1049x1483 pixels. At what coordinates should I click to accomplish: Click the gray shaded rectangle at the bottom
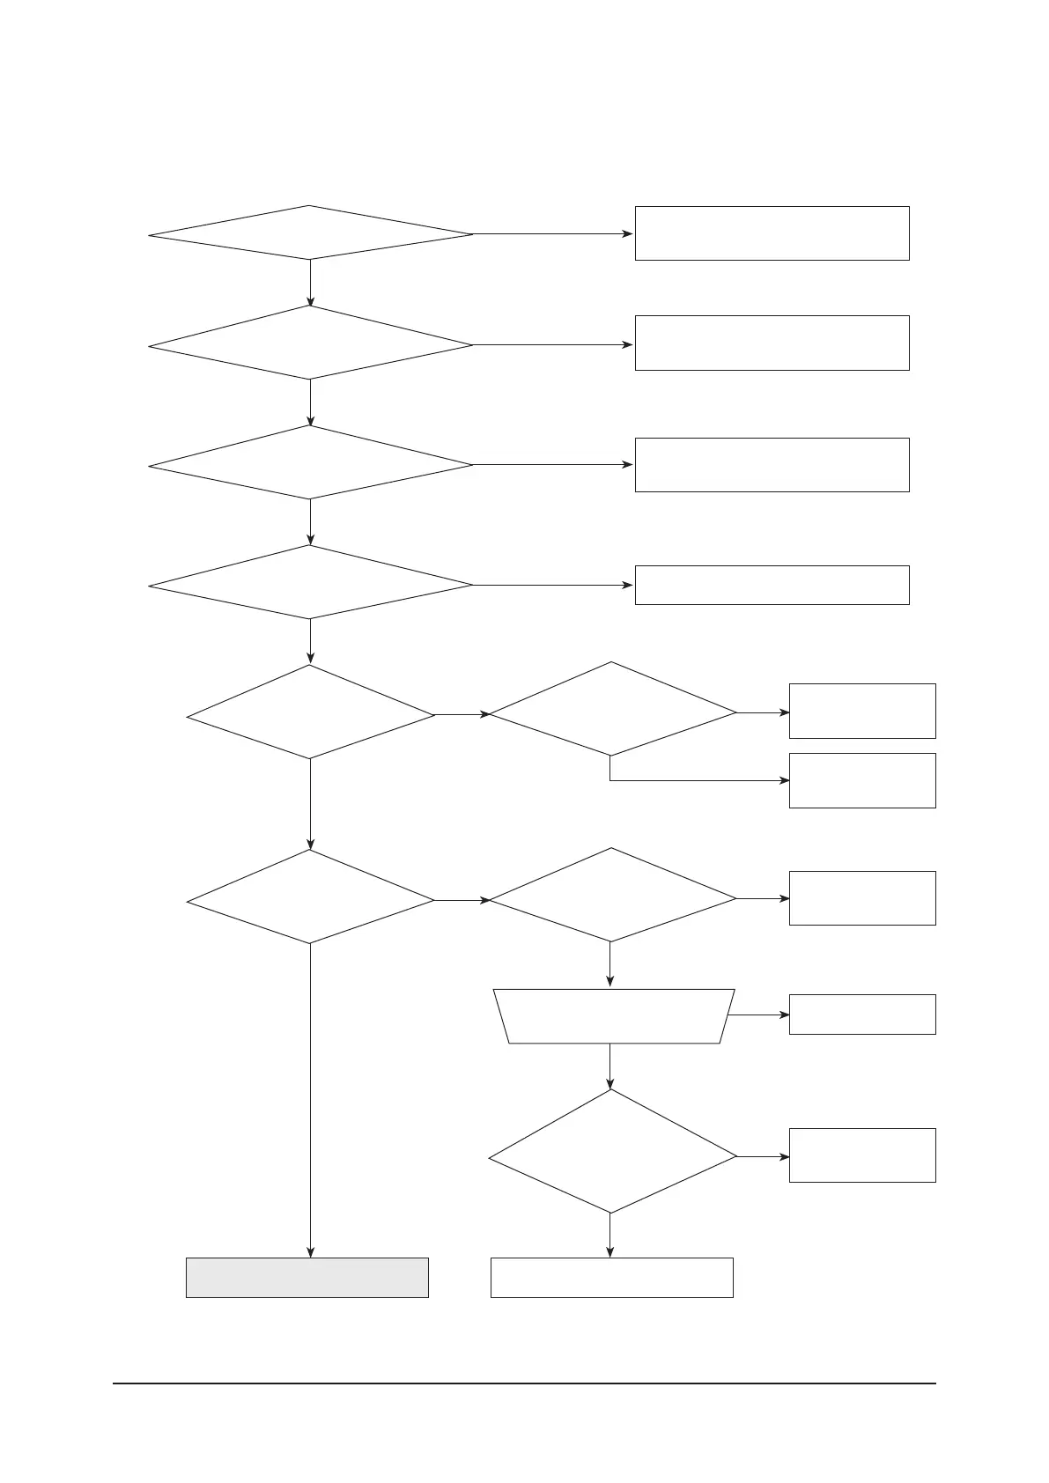point(307,1277)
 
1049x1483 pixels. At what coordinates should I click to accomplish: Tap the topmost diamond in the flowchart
point(310,233)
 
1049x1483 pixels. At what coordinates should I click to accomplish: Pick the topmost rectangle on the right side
point(772,233)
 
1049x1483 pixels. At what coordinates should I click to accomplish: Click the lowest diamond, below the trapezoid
point(612,1152)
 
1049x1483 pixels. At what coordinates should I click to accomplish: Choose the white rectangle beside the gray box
point(611,1277)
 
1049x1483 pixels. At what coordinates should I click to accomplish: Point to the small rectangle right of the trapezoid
point(861,1014)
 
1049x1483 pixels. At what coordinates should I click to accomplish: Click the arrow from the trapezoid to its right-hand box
point(759,1014)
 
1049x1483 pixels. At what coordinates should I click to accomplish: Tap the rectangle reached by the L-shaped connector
point(861,780)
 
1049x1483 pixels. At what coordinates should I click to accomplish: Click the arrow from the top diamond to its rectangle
point(553,234)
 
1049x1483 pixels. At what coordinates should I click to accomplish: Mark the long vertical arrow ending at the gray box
point(311,1101)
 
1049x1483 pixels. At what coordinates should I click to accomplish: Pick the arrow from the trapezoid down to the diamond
point(610,1066)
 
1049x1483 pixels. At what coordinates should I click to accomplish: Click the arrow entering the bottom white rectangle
point(610,1236)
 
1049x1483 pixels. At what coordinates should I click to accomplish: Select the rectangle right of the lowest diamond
point(861,1155)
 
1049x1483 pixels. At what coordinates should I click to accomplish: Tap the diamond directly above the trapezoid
point(612,896)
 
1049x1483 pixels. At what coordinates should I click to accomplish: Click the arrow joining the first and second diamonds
point(311,283)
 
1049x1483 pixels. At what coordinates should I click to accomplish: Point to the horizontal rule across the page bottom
point(524,1383)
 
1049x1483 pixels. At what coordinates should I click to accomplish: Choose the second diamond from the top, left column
point(310,343)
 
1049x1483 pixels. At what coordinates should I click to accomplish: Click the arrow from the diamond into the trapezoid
point(610,964)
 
